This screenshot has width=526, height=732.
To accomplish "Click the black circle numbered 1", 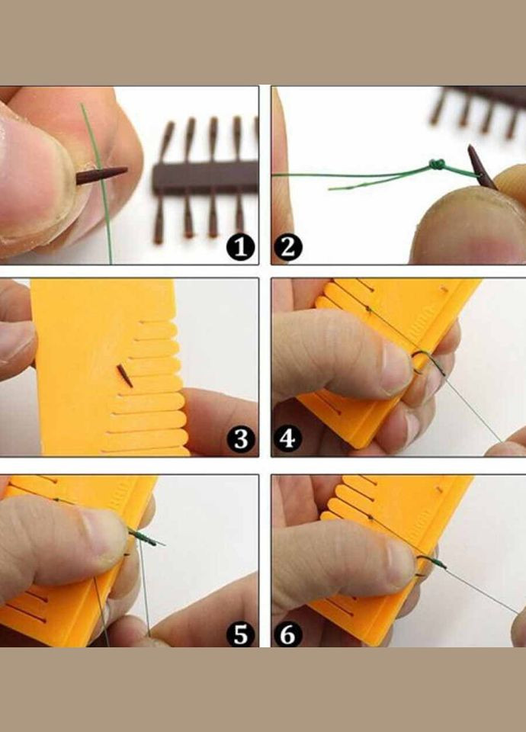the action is coord(240,247).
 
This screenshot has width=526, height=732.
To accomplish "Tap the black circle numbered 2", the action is coord(288,247).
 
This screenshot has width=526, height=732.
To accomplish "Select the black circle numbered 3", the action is coord(240,439).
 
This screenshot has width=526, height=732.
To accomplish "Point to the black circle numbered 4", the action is coord(288,439).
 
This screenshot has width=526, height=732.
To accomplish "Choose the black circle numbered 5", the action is coord(240,635).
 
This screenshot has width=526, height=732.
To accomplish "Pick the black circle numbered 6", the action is coord(288,635).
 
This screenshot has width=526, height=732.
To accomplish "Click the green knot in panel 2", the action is coord(436,165).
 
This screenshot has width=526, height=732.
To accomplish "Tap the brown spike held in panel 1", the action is coord(101,175).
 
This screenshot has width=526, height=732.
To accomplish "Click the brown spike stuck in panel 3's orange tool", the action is coord(124,376).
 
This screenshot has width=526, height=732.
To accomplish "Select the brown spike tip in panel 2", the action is coord(470,149).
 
